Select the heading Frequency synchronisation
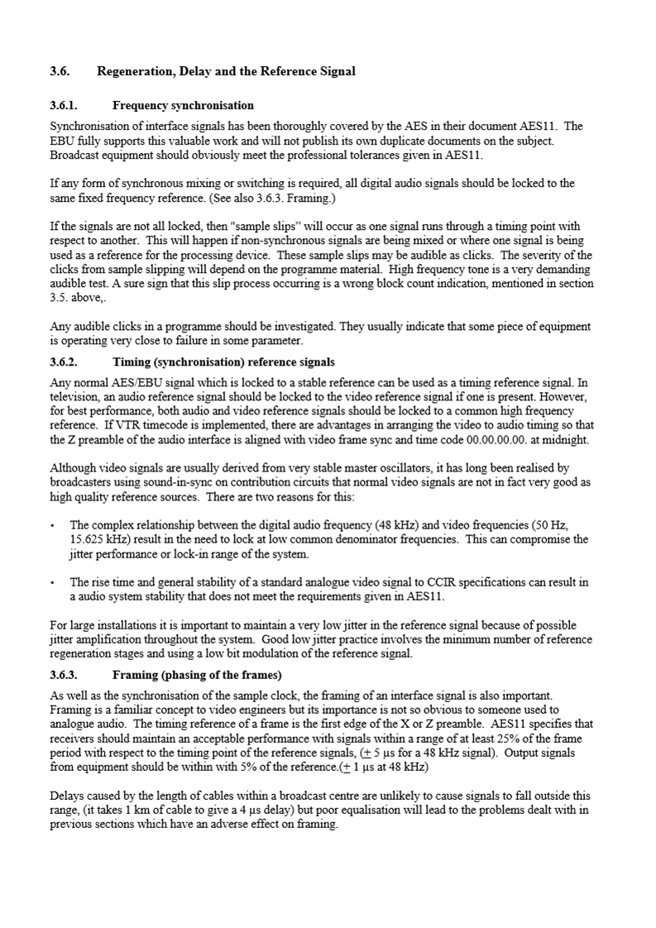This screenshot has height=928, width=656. (183, 106)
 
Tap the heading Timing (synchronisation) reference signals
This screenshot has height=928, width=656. (223, 362)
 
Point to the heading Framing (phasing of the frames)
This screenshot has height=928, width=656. (197, 673)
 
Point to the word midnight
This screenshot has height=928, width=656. (567, 440)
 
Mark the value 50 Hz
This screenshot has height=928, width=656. (549, 525)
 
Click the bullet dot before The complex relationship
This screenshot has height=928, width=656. (53, 525)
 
